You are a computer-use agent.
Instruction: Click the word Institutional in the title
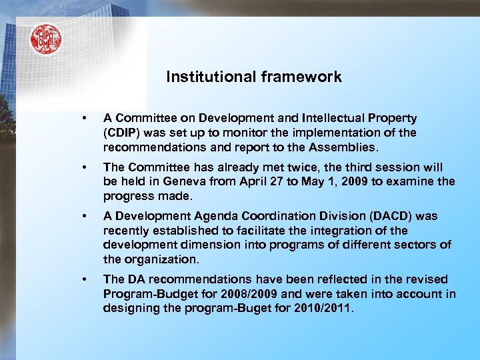[207, 77]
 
